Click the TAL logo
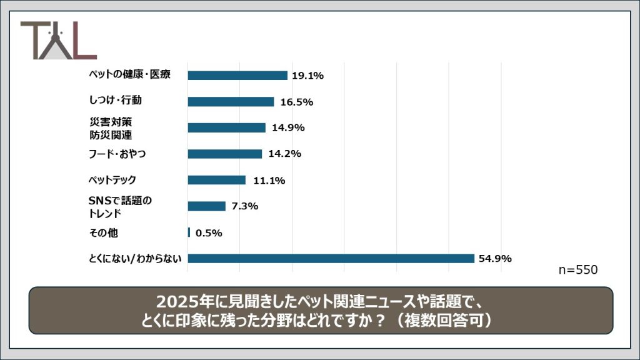click(58, 41)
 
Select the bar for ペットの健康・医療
click(237, 76)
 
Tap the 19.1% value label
click(307, 76)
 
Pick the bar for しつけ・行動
click(231, 102)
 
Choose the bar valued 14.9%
click(226, 127)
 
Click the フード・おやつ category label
click(117, 154)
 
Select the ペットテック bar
click(216, 180)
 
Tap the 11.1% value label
click(269, 180)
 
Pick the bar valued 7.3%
click(206, 206)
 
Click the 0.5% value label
click(209, 232)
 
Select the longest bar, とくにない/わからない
click(331, 258)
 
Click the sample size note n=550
click(578, 270)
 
